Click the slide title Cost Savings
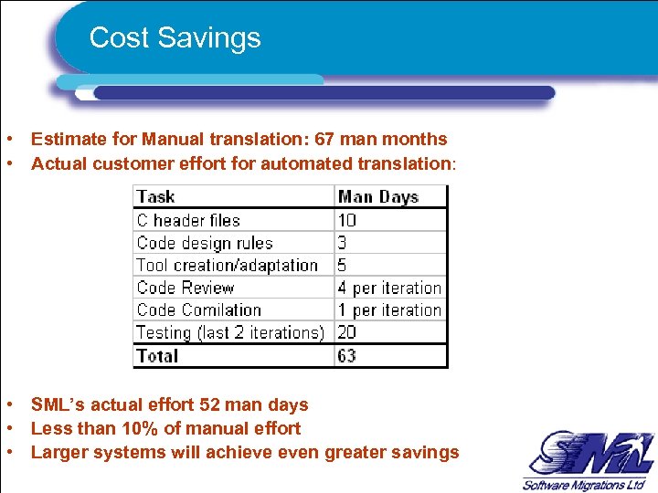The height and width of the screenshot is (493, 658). click(x=175, y=38)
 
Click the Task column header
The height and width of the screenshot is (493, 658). click(x=155, y=196)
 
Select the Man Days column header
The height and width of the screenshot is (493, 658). click(x=377, y=196)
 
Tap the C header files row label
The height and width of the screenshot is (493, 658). click(x=188, y=220)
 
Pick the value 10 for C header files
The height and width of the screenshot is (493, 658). click(x=347, y=220)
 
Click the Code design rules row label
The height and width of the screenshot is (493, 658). click(x=205, y=243)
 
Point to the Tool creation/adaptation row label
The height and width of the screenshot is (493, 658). click(x=227, y=266)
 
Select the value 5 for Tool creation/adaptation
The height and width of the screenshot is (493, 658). click(x=343, y=266)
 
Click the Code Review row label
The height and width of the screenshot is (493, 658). click(x=186, y=288)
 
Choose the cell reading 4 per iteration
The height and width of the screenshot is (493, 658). click(x=389, y=288)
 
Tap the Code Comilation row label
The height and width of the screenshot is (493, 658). click(x=198, y=310)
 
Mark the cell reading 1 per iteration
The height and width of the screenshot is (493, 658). click(x=389, y=310)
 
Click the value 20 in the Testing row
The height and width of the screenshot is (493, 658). click(x=347, y=332)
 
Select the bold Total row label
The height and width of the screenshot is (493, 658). click(x=156, y=355)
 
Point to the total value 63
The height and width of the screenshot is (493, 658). click(x=347, y=355)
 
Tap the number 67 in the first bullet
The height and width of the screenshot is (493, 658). click(x=324, y=140)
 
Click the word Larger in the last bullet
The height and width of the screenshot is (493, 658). click(x=57, y=452)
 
